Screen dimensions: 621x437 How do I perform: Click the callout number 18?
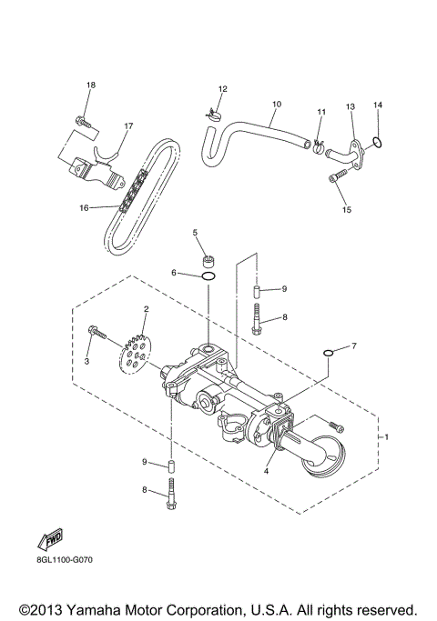[90, 85]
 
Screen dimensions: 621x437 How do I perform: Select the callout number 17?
[128, 126]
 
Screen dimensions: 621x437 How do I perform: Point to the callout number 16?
[84, 207]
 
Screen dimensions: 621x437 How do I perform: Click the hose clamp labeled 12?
[211, 115]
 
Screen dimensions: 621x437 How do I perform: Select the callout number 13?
[351, 106]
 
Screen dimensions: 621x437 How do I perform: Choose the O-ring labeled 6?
[208, 275]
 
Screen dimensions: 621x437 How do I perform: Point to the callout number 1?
[386, 436]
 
